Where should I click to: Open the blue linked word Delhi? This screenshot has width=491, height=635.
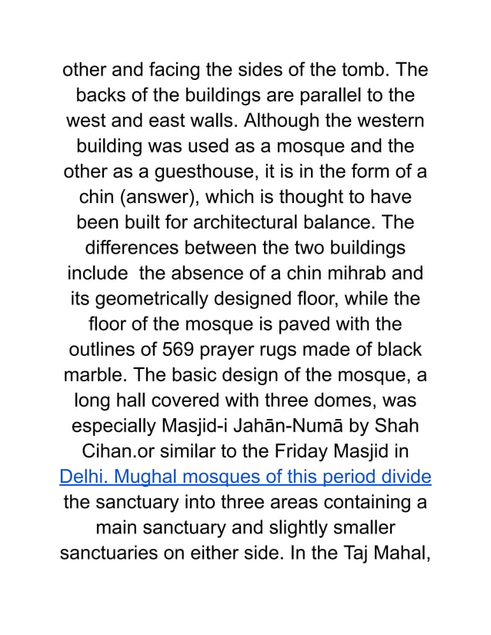point(81,475)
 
